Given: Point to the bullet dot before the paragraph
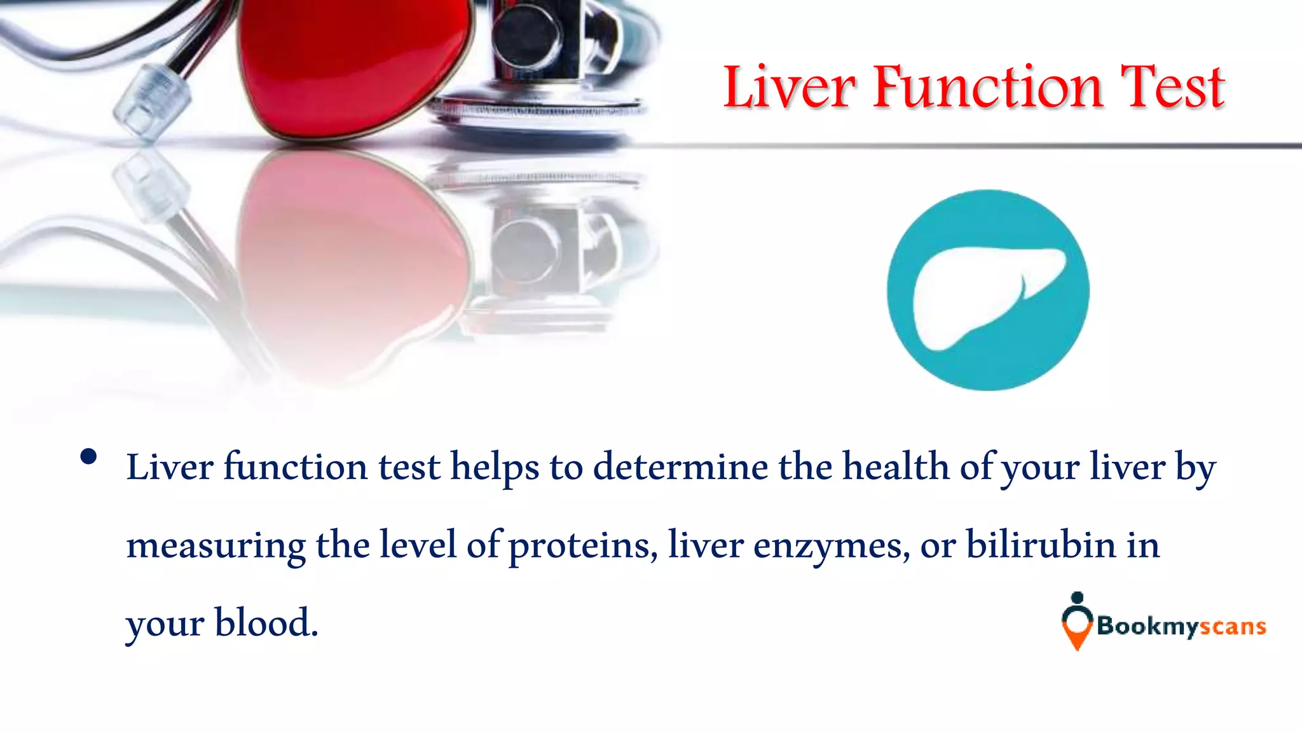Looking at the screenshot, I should pyautogui.click(x=89, y=457).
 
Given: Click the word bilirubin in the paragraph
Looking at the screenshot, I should pyautogui.click(x=1041, y=545).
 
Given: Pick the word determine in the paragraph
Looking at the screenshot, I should pyautogui.click(x=680, y=467).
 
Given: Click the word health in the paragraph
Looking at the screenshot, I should pyautogui.click(x=896, y=467).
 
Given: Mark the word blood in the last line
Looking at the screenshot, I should pyautogui.click(x=265, y=623).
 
